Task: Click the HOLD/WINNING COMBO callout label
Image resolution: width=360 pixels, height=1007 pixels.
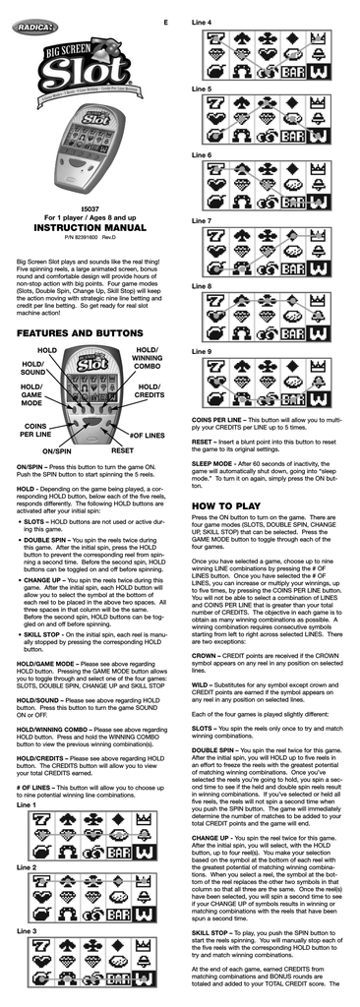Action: (149, 359)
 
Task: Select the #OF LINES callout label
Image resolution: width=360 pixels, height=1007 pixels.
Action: (148, 434)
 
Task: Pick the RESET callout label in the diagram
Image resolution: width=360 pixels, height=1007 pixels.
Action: (122, 449)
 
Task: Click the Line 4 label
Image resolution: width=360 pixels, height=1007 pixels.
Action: (202, 22)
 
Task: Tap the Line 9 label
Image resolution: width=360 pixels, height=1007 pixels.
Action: (202, 351)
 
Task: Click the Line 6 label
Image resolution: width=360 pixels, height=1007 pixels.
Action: (202, 154)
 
